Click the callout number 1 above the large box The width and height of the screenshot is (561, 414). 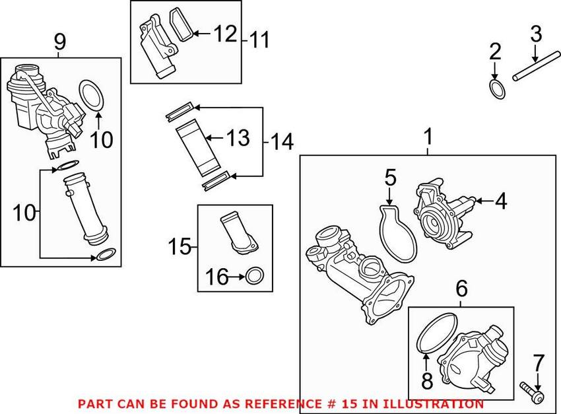click(428, 138)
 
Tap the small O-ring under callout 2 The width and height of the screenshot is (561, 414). click(496, 88)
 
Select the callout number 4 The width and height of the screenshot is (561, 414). click(501, 201)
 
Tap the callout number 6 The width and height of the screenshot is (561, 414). click(461, 288)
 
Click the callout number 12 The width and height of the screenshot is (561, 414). click(224, 33)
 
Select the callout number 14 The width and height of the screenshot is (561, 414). click(281, 141)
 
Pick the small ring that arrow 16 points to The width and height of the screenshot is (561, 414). click(254, 277)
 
